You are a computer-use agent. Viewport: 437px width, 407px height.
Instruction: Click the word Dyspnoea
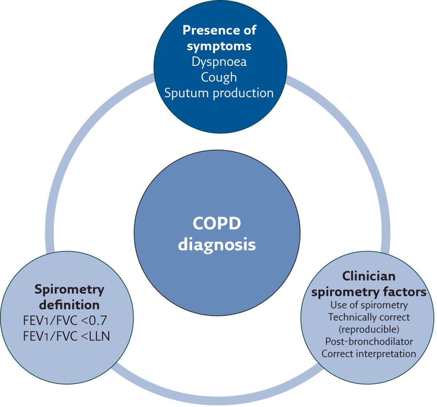[x=219, y=61]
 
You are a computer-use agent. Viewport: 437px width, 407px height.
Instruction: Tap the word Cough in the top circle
[x=219, y=77]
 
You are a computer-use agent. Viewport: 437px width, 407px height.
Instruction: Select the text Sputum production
[x=219, y=93]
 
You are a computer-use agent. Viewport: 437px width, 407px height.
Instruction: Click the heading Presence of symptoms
[x=219, y=37]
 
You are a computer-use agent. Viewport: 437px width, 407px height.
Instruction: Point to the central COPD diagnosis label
[x=217, y=234]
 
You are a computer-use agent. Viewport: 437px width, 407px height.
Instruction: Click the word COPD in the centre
[x=217, y=223]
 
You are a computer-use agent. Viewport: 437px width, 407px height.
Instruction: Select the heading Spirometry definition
[x=69, y=297]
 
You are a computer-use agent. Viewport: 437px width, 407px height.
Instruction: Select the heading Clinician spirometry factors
[x=369, y=284]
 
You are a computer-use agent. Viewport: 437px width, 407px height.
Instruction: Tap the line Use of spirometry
[x=369, y=305]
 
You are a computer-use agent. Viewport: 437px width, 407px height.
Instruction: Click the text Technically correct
[x=369, y=317]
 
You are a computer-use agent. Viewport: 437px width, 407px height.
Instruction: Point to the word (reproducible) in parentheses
[x=369, y=329]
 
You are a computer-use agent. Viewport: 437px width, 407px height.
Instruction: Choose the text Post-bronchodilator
[x=369, y=341]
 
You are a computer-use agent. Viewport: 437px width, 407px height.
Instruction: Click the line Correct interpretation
[x=369, y=353]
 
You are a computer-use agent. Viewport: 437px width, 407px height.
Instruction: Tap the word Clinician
[x=369, y=276]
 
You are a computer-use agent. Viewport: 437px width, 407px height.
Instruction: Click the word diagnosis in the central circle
[x=217, y=244]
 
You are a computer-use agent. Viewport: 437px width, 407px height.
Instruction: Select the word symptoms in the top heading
[x=219, y=46]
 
